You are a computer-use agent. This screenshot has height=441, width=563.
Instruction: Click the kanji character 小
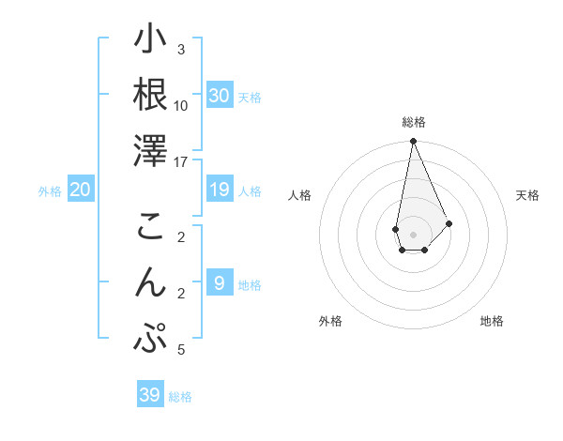pyautogui.click(x=150, y=40)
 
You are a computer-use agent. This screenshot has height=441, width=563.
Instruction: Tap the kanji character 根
pyautogui.click(x=150, y=95)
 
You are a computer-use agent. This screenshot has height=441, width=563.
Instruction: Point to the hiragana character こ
pyautogui.click(x=150, y=227)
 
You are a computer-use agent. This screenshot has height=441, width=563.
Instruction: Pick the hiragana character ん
pyautogui.click(x=150, y=282)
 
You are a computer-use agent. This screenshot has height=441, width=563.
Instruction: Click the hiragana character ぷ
pyautogui.click(x=150, y=339)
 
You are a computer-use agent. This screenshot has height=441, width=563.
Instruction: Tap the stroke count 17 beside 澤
pyautogui.click(x=182, y=162)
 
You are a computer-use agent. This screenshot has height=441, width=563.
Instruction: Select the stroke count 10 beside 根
pyautogui.click(x=181, y=106)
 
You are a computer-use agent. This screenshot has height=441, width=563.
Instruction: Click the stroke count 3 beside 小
pyautogui.click(x=181, y=50)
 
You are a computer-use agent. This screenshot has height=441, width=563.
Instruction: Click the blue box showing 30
pyautogui.click(x=220, y=96)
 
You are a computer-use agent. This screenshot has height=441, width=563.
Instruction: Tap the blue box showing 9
pyautogui.click(x=220, y=283)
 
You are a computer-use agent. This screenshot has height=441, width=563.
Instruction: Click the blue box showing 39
pyautogui.click(x=150, y=395)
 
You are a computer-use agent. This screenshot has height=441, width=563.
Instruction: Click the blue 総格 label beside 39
pyautogui.click(x=180, y=397)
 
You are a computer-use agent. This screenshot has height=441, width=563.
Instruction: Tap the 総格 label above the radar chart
pyautogui.click(x=414, y=122)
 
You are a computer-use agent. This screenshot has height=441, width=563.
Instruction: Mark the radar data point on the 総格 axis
pyautogui.click(x=413, y=142)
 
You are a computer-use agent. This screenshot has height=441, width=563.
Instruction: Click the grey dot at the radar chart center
pyautogui.click(x=413, y=234)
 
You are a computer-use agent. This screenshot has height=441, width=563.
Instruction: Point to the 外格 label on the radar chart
pyautogui.click(x=330, y=321)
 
